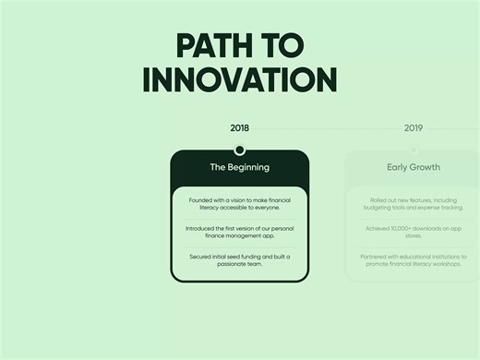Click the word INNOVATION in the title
click(240, 79)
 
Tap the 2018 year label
click(240, 128)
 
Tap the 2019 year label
click(414, 128)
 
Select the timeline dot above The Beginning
click(240, 150)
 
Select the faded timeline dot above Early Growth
click(414, 150)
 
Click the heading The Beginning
click(240, 168)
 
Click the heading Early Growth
click(414, 168)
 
